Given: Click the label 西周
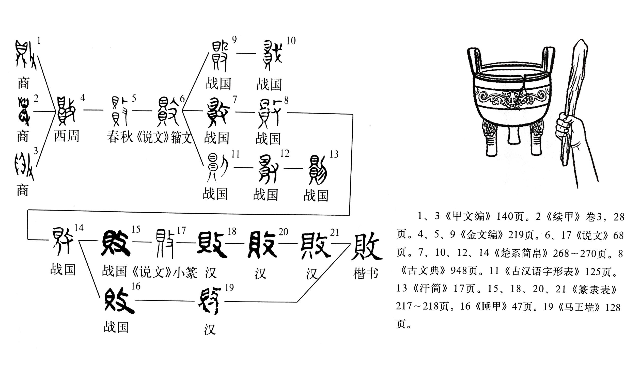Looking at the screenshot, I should click(67, 136).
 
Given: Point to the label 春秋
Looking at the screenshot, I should click(120, 137).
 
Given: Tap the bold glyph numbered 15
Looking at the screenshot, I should click(116, 243).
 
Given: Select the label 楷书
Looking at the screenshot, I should click(366, 274).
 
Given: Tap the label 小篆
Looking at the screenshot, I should click(185, 273).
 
